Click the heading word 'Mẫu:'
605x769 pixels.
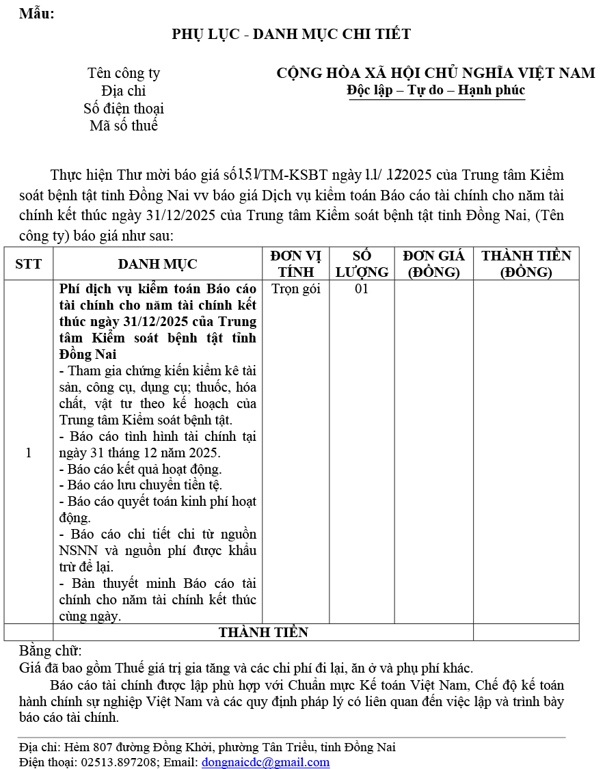coord(36,14)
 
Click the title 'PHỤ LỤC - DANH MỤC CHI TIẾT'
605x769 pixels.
coord(291,34)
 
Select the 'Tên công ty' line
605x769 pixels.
coord(124,73)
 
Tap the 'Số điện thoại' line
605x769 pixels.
coord(124,109)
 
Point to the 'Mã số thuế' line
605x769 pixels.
coord(124,126)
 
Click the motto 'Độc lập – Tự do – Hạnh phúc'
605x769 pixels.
coord(435,90)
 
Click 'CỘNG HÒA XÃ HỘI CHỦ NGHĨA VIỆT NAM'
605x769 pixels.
coord(435,73)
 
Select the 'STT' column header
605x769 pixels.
coord(28,264)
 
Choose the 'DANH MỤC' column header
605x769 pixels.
coord(157,264)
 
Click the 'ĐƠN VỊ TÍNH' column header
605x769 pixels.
coord(295,264)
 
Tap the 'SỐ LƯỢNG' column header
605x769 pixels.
coord(362,264)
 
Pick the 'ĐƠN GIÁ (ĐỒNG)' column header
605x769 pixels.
coord(433,264)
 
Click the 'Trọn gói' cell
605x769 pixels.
coord(295,288)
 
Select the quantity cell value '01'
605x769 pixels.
coord(362,288)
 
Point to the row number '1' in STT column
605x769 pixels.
coord(28,453)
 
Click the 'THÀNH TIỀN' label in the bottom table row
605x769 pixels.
coord(263,632)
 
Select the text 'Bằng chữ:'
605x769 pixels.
coord(50,650)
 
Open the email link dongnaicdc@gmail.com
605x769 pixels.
coord(265,762)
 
